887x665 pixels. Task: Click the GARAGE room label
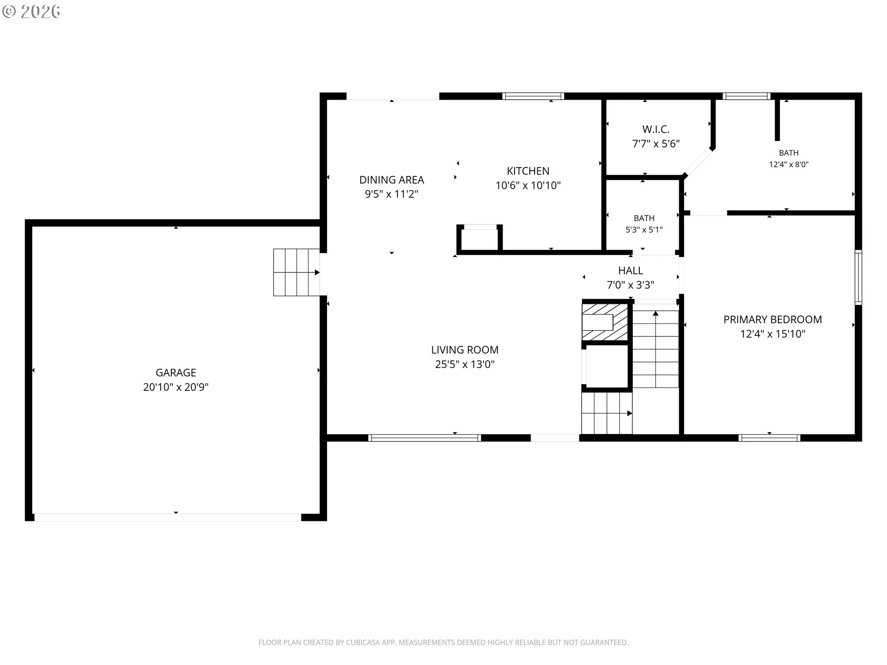176,373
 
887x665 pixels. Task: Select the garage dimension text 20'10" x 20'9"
176,387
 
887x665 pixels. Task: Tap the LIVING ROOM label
465,350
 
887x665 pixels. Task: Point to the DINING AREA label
392,180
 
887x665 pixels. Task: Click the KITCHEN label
528,171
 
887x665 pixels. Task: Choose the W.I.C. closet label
656,129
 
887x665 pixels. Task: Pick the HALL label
631,271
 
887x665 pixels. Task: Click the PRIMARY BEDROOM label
772,320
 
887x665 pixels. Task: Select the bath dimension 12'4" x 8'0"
789,164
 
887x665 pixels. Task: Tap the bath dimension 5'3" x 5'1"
644,230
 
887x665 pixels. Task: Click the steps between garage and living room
297,272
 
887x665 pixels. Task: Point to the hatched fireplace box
605,321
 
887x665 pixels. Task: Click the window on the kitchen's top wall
533,96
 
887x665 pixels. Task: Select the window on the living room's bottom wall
425,438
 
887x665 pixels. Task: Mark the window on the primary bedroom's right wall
858,277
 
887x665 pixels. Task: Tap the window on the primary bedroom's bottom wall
769,438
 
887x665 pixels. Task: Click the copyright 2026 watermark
31,12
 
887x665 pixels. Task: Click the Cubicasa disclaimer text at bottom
443,642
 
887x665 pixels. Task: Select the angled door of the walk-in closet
699,162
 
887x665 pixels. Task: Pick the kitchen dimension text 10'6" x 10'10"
528,185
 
